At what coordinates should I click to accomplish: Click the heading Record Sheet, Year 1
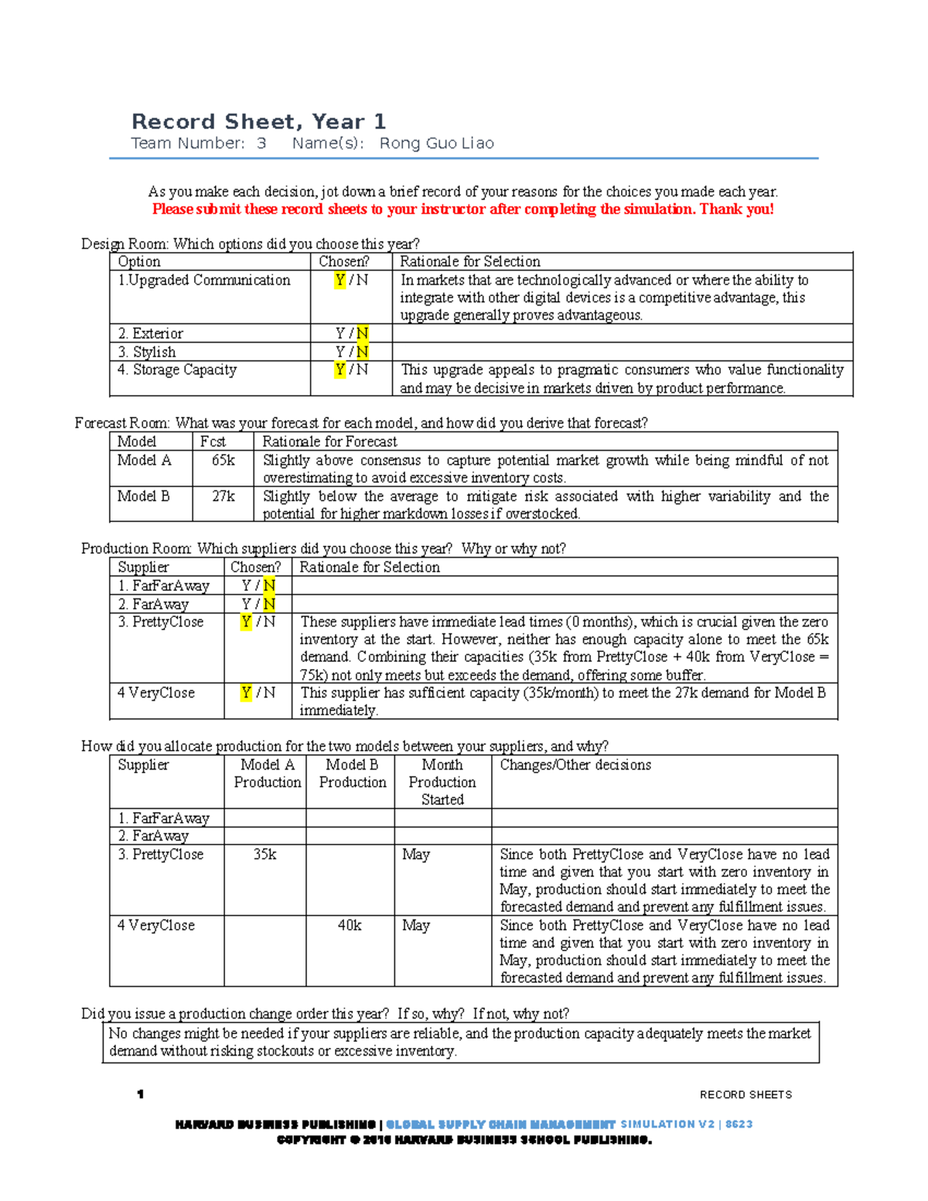pyautogui.click(x=258, y=121)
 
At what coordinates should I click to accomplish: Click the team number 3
pyautogui.click(x=261, y=143)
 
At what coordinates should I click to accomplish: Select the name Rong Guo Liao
pyautogui.click(x=436, y=143)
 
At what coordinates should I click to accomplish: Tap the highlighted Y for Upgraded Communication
pyautogui.click(x=339, y=280)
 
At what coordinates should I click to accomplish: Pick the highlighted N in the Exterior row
pyautogui.click(x=362, y=333)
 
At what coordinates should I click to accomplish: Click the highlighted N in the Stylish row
pyautogui.click(x=362, y=352)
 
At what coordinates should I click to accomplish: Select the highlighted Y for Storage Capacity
pyautogui.click(x=339, y=370)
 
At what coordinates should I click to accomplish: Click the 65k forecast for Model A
pyautogui.click(x=223, y=460)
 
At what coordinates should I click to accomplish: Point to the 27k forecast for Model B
pyautogui.click(x=223, y=496)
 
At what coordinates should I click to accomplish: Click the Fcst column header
pyautogui.click(x=213, y=442)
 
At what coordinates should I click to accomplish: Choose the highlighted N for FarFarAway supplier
pyautogui.click(x=269, y=585)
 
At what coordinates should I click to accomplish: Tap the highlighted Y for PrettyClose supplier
pyautogui.click(x=246, y=622)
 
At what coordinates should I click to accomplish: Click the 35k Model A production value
pyautogui.click(x=264, y=854)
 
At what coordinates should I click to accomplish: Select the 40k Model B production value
pyautogui.click(x=350, y=925)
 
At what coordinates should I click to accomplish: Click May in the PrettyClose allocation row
pyautogui.click(x=416, y=854)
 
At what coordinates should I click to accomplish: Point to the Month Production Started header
pyautogui.click(x=442, y=782)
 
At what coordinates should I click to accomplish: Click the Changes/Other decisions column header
pyautogui.click(x=575, y=765)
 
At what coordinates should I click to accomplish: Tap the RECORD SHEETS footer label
pyautogui.click(x=745, y=1094)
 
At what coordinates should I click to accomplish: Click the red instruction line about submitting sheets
pyautogui.click(x=462, y=209)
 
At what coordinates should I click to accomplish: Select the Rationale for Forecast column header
pyautogui.click(x=329, y=442)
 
